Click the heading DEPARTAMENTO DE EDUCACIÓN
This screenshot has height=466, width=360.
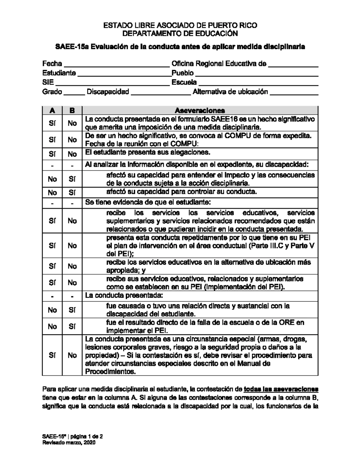tap(180, 33)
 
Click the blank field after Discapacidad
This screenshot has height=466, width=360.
tap(161, 93)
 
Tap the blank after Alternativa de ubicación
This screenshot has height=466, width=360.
tap(294, 93)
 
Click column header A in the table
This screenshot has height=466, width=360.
tap(52, 110)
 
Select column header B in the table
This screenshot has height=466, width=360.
tap(72, 110)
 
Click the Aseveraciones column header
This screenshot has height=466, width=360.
tap(200, 110)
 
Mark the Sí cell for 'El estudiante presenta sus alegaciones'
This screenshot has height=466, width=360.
tap(52, 154)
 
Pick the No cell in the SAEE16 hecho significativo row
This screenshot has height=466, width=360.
tap(72, 123)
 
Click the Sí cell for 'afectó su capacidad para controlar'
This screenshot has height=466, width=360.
tap(72, 193)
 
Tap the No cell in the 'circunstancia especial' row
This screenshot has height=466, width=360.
tap(72, 355)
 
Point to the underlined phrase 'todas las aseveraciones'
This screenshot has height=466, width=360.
tap(281, 389)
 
